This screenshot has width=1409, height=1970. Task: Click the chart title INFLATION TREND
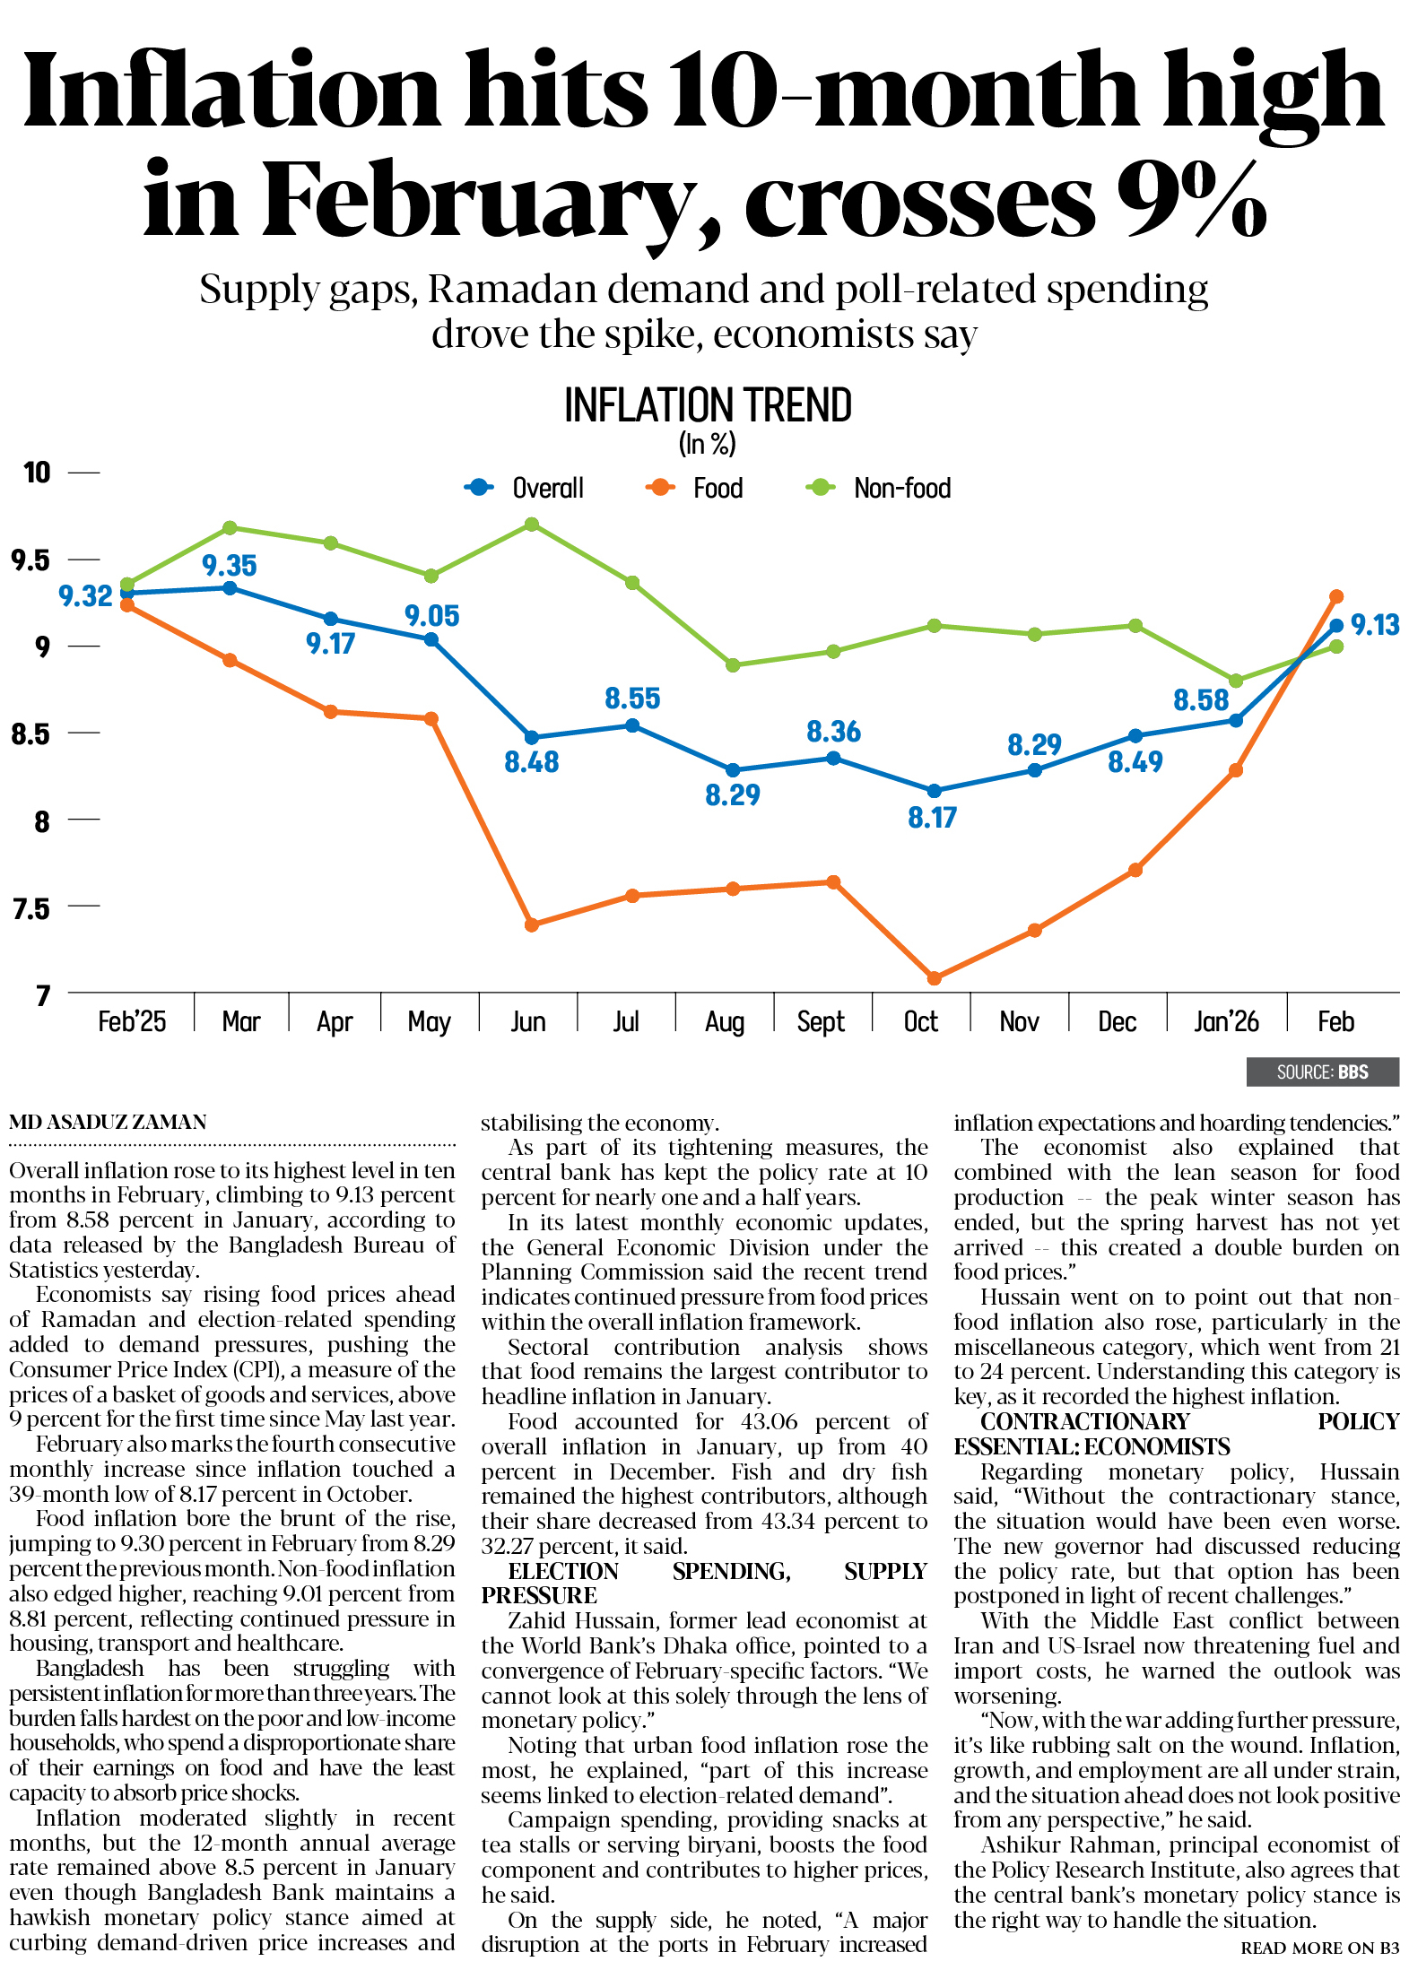point(708,406)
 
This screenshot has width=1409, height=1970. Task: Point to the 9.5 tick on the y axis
point(30,560)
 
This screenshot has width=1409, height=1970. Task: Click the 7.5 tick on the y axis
point(30,908)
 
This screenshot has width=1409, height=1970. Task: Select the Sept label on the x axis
point(821,1021)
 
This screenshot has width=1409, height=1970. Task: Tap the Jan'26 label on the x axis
point(1226,1021)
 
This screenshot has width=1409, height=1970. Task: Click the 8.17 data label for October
point(932,818)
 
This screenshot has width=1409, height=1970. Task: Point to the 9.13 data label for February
point(1374,625)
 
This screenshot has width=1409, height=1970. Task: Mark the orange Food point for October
point(934,978)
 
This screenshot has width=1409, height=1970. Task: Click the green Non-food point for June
point(532,524)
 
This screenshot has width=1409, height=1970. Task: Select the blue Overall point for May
point(431,640)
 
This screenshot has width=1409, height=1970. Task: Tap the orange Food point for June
point(532,924)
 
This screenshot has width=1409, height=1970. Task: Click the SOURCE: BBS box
point(1322,1072)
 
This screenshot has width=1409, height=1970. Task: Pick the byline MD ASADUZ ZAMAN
point(108,1122)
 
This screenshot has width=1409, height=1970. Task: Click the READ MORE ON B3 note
point(1319,1948)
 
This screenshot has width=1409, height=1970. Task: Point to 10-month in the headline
point(905,90)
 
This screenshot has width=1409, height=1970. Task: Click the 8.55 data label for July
point(632,699)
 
